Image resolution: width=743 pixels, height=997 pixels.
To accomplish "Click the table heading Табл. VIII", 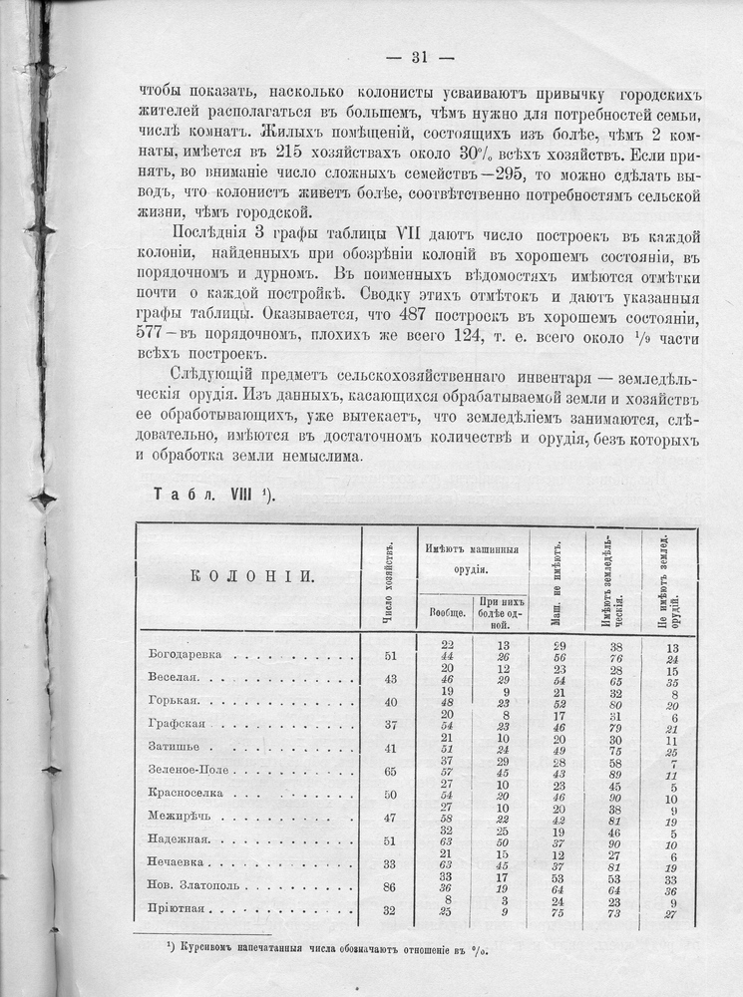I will pyautogui.click(x=214, y=494).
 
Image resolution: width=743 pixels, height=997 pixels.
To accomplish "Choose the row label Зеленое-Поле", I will pyautogui.click(x=194, y=771).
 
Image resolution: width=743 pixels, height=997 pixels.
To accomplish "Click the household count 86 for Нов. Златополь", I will pyautogui.click(x=389, y=885).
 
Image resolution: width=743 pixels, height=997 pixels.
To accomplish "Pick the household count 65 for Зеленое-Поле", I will pyautogui.click(x=389, y=771).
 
